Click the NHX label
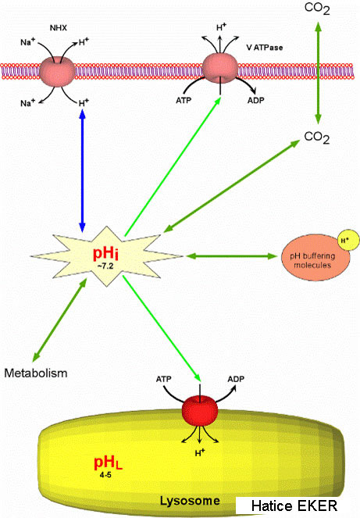click(59, 28)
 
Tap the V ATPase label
click(265, 48)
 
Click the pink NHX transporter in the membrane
click(57, 71)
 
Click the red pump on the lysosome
click(200, 410)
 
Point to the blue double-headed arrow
click(82, 171)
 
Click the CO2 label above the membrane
click(317, 9)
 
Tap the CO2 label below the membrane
click(317, 137)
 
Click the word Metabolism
click(36, 373)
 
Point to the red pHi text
click(105, 253)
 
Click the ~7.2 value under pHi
click(105, 266)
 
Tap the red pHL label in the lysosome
click(108, 463)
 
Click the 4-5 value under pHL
click(105, 475)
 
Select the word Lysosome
click(190, 501)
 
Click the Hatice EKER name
click(294, 505)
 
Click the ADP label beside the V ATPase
click(256, 100)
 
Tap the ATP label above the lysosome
click(164, 379)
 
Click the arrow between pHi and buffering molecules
click(231, 255)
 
